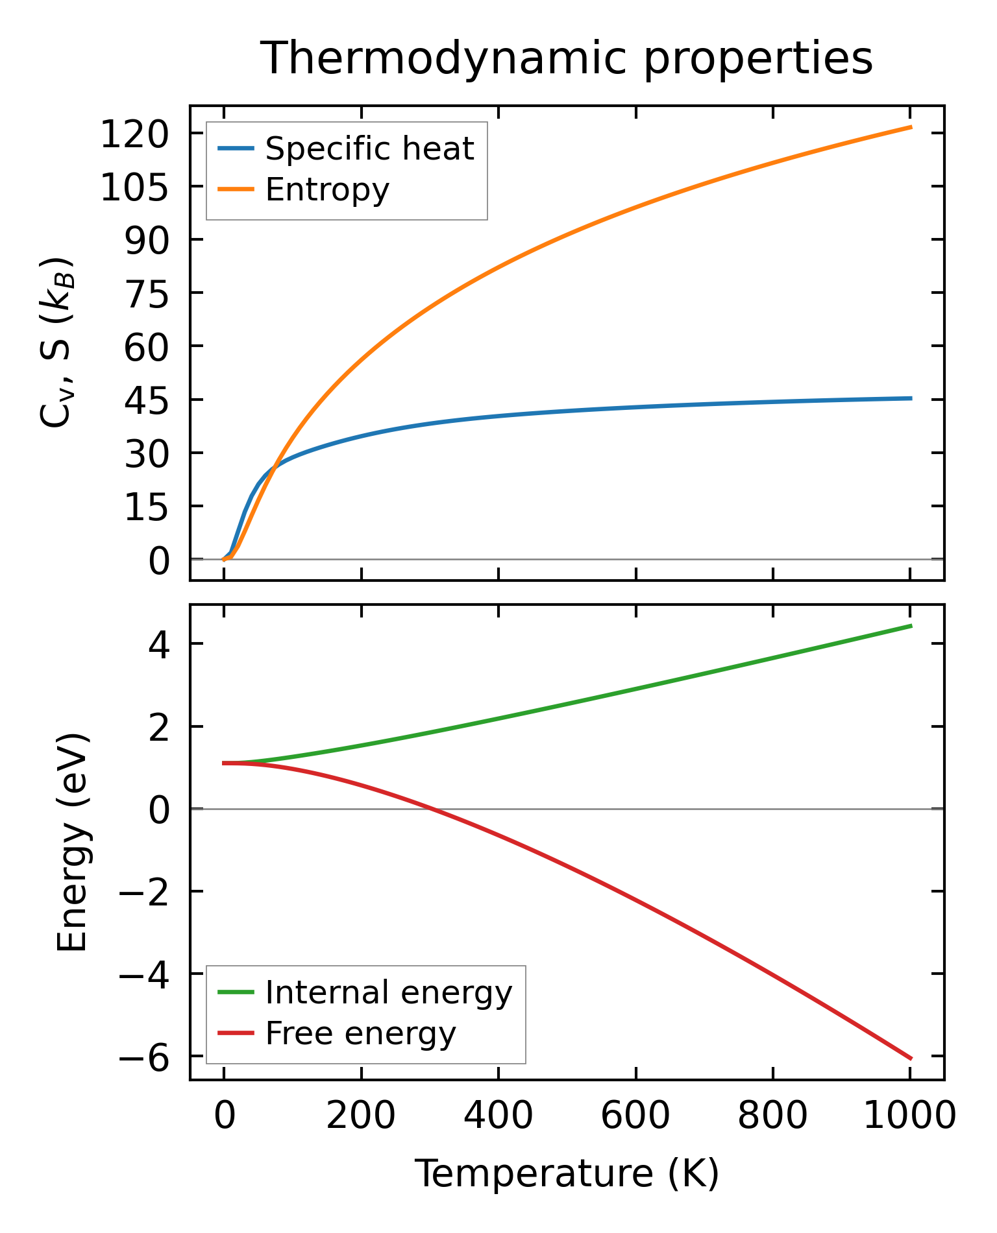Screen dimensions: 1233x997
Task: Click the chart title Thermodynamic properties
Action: coord(566,58)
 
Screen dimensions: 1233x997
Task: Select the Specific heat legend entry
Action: coord(369,149)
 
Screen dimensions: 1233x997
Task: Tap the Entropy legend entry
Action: coord(327,190)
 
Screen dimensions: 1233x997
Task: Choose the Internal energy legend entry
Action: coord(388,992)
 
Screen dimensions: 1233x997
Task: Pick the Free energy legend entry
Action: coord(360,1033)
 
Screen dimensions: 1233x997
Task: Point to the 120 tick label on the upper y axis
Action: coord(134,135)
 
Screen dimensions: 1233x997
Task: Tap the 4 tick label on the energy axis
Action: coord(159,645)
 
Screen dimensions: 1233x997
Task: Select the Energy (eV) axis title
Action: coord(72,843)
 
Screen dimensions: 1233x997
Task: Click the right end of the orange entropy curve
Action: coord(911,127)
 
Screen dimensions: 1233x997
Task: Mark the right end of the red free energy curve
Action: coord(911,1059)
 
